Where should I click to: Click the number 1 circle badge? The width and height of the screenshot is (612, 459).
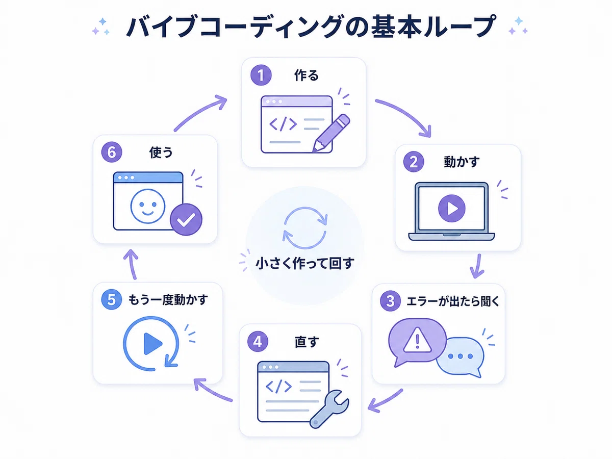261,75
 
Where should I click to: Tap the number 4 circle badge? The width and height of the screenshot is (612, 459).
258,341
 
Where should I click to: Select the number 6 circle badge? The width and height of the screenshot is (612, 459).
112,152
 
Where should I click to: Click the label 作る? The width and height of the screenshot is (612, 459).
306,75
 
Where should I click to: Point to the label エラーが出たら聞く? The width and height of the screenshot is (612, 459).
453,301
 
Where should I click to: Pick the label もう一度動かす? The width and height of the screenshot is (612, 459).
168,300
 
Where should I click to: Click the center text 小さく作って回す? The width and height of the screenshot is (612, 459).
305,263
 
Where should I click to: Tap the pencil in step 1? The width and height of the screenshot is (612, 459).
331,133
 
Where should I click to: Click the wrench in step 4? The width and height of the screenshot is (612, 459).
329,409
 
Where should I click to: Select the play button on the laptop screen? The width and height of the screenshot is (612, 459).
452,208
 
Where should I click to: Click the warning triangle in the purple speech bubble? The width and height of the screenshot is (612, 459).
417,340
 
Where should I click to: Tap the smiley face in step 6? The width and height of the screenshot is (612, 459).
148,206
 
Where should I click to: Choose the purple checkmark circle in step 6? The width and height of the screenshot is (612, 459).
186,220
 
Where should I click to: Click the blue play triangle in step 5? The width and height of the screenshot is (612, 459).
151,344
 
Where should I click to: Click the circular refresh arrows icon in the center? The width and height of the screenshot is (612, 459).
305,227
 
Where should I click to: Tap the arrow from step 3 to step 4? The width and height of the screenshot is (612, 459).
385,401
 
